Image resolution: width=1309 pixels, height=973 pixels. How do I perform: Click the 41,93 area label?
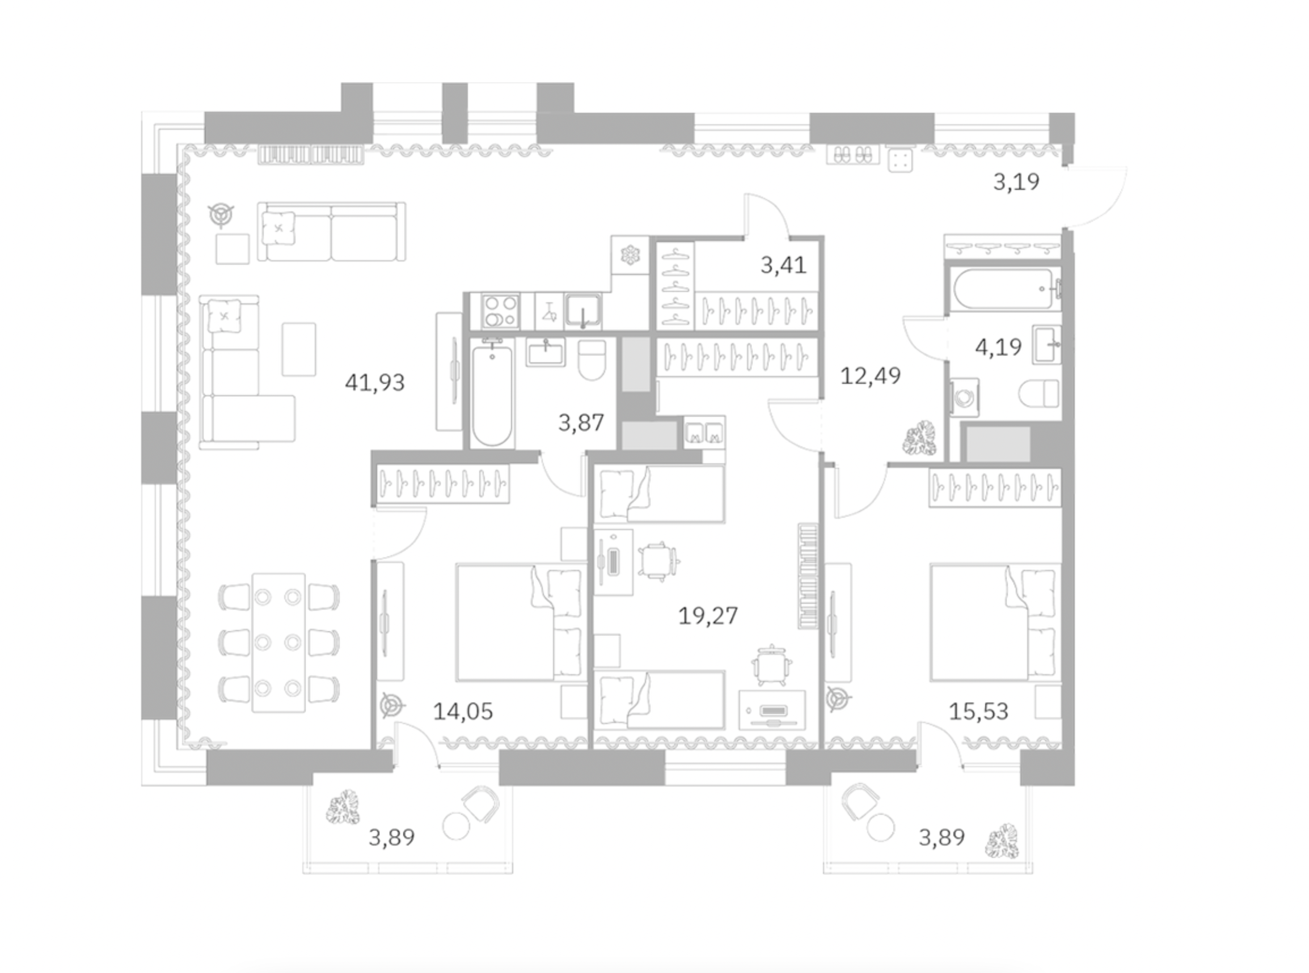(375, 383)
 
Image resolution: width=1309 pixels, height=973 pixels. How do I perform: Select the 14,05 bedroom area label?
(462, 712)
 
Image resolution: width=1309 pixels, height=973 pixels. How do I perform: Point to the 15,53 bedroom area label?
(978, 712)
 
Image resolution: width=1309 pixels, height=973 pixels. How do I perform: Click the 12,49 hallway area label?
(870, 376)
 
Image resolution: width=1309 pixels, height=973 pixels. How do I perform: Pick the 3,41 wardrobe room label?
(783, 265)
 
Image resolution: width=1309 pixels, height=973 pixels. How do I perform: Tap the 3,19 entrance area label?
(1016, 182)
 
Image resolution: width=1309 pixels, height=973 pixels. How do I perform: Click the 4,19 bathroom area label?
(999, 347)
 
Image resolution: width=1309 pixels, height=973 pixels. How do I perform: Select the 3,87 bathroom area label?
(581, 423)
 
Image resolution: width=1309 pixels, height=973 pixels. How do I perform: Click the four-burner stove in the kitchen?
(500, 311)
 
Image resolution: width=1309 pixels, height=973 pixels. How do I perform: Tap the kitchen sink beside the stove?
(582, 310)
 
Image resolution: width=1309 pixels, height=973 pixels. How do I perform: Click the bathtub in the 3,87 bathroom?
(492, 393)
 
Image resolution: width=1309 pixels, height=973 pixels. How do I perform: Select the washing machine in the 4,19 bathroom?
(964, 397)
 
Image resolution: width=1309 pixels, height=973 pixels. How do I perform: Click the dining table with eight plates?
(278, 642)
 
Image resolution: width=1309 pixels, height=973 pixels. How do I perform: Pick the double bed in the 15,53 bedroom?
(995, 623)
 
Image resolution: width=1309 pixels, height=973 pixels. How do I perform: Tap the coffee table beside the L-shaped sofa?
(299, 349)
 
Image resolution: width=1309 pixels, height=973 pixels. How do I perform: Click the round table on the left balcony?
(456, 826)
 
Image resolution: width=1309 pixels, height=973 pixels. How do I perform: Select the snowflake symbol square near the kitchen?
(630, 255)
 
